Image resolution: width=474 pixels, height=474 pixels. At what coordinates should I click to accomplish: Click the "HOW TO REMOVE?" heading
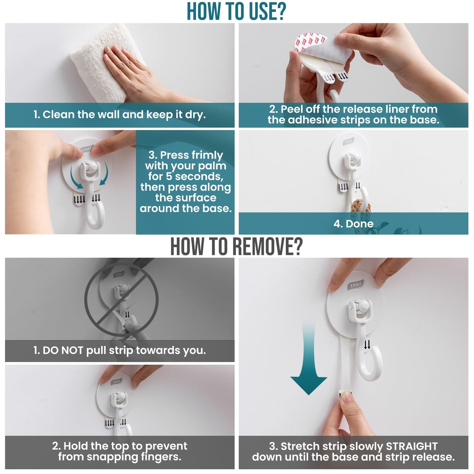(x=236, y=246)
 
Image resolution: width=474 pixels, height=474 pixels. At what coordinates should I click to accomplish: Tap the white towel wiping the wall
(x=103, y=64)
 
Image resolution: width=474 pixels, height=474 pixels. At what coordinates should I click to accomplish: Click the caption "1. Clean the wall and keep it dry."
(x=120, y=115)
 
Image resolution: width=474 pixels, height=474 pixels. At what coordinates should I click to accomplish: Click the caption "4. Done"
(x=353, y=223)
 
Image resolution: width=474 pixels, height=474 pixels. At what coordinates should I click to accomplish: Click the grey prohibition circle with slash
(x=121, y=300)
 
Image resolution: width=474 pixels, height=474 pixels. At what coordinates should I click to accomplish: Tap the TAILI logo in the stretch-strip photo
(x=356, y=285)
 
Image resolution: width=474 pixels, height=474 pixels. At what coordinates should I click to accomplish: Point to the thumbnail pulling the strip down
(x=346, y=396)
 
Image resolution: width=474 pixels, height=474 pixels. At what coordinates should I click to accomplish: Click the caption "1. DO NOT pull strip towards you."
(x=120, y=350)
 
